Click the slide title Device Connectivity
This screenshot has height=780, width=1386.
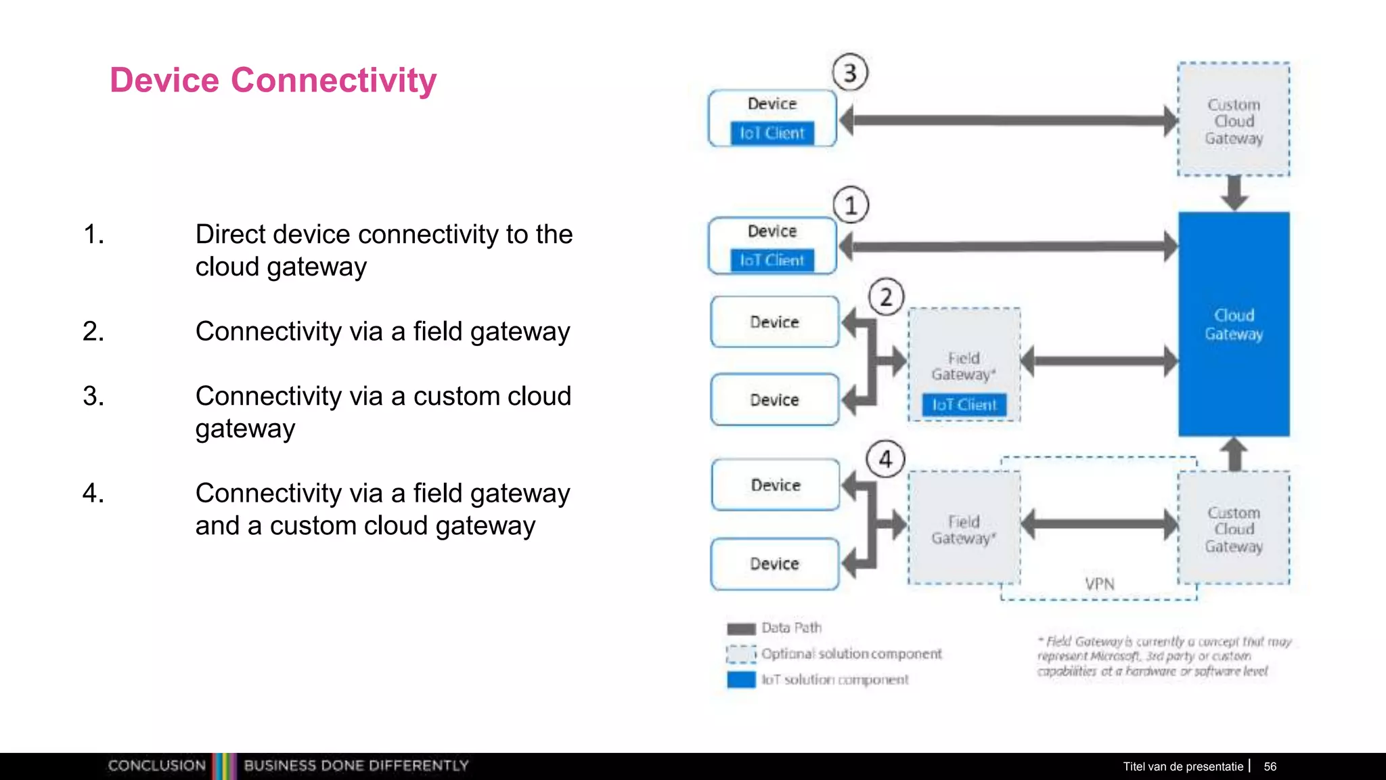click(273, 80)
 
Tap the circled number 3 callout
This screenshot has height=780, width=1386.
click(850, 72)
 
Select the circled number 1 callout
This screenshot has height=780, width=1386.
click(851, 205)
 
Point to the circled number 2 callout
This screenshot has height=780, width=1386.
click(886, 297)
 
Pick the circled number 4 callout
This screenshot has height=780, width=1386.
click(885, 460)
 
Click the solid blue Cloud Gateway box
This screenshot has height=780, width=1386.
click(1234, 324)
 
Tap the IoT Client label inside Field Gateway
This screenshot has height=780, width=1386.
click(964, 405)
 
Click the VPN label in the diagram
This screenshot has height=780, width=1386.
click(1100, 584)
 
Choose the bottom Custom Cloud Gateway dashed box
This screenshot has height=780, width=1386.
click(1234, 529)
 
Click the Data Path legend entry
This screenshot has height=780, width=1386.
click(790, 628)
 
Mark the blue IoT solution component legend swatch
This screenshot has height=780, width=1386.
click(741, 679)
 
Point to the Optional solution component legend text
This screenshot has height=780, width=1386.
click(851, 653)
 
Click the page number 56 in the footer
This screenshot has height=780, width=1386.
click(1270, 766)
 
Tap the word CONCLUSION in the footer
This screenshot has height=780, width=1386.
click(157, 766)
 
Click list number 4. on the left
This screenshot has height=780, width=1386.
click(93, 493)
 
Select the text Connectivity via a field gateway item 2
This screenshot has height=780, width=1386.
click(382, 331)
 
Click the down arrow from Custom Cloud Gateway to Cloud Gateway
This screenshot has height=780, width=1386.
click(1234, 193)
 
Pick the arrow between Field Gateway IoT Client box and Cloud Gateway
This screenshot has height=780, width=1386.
click(1099, 361)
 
